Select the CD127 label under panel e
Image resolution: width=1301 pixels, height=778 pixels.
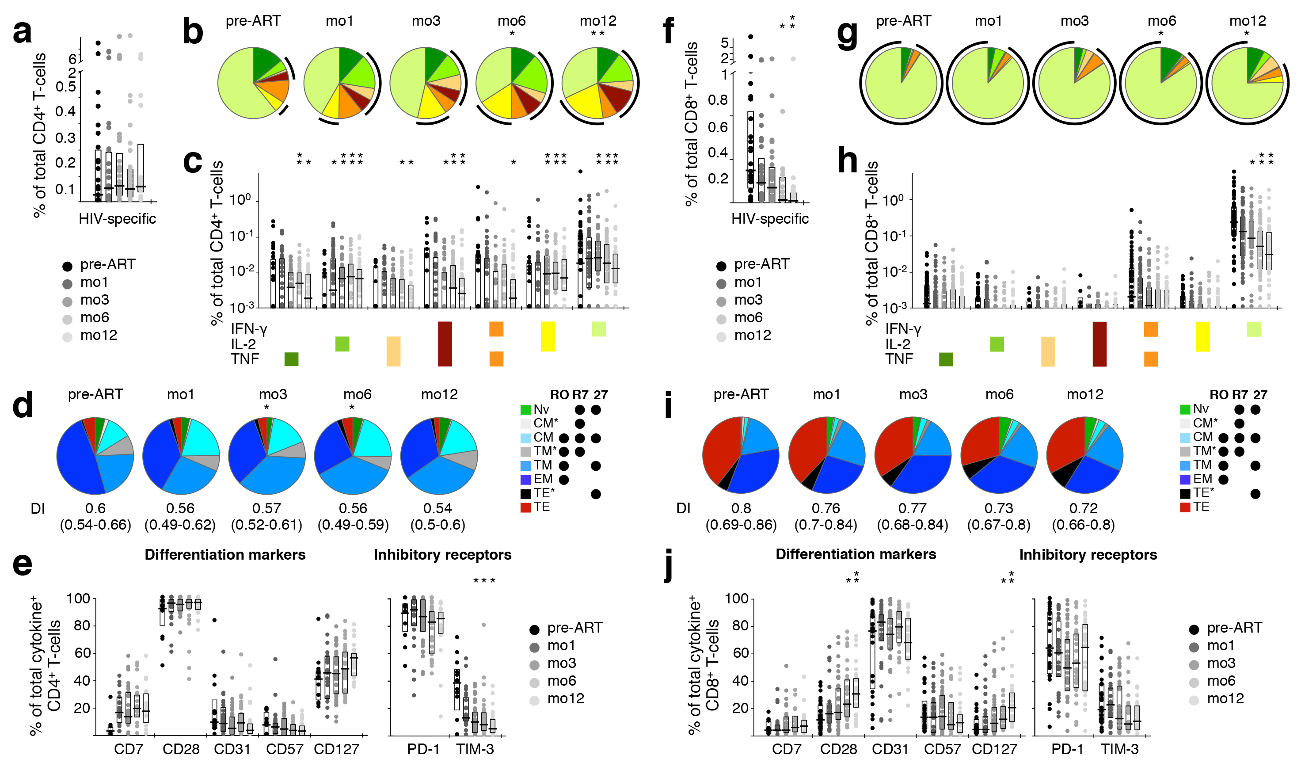tap(336, 749)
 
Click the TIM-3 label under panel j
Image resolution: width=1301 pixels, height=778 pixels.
tap(1120, 749)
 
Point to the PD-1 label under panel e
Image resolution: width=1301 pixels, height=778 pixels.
tap(423, 749)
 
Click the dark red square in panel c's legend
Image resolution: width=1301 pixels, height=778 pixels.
tap(445, 344)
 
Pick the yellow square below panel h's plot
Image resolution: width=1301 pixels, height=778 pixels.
tap(1202, 336)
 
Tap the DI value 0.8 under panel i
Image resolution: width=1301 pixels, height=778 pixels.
tap(741, 508)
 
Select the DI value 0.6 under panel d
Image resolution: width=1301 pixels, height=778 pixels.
tap(95, 508)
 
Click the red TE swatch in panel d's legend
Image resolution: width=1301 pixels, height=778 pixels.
tap(525, 507)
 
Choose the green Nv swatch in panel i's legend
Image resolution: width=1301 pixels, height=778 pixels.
tap(1185, 409)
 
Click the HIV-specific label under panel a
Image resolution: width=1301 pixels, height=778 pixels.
tap(118, 219)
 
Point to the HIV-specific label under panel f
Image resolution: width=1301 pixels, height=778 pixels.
tap(770, 219)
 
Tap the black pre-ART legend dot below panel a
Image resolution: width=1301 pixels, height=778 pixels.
tap(67, 266)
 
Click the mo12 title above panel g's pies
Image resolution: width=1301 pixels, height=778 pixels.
tap(1247, 21)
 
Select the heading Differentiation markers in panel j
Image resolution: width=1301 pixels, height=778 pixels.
tap(856, 554)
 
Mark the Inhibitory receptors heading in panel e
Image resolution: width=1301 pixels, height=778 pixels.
tap(442, 555)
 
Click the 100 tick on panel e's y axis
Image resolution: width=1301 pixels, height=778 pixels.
tap(79, 599)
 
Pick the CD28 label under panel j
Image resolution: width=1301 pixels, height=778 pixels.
tap(838, 749)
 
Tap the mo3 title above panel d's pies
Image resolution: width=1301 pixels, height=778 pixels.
tap(273, 394)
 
